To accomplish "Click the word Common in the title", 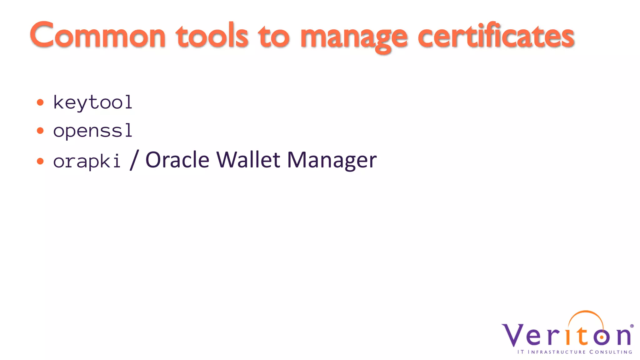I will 97,36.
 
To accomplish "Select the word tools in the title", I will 212,36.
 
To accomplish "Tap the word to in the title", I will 274,37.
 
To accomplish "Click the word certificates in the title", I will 496,36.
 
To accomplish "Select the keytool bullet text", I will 93,102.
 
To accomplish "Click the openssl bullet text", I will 93,131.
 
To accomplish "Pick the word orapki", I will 87,161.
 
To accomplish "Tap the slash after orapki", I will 134,160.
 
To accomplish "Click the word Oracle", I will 177,160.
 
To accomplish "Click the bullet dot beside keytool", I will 40,102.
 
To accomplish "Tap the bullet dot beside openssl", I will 40,131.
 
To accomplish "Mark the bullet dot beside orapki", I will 40,161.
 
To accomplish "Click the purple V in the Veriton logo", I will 512,335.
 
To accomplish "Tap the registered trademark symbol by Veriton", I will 632,326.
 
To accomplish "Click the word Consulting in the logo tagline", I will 611,352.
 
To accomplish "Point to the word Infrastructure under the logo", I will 557,352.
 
